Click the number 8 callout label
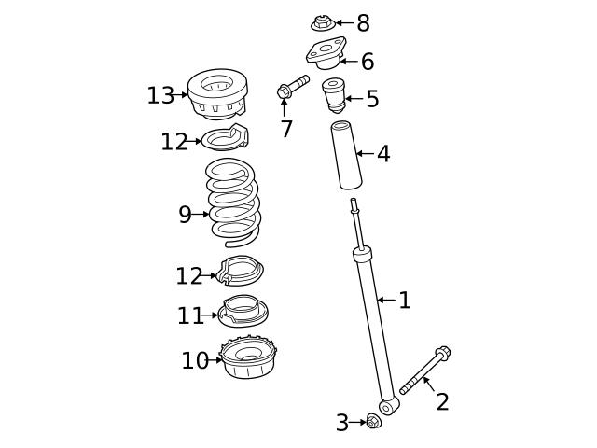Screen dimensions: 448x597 (x=363, y=23)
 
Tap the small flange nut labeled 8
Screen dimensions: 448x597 (x=322, y=22)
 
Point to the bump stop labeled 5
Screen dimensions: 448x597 (x=333, y=96)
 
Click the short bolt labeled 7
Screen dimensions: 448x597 (x=292, y=87)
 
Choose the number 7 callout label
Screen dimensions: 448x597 (x=286, y=130)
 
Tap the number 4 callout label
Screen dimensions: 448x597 (x=383, y=154)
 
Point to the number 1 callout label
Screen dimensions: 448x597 (x=404, y=301)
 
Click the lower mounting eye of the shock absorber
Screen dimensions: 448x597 (x=386, y=408)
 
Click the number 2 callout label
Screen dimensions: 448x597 (x=442, y=402)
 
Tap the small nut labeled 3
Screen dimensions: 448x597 (x=373, y=422)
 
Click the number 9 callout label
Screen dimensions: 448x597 (x=185, y=216)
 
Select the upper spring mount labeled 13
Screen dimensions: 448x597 (x=217, y=94)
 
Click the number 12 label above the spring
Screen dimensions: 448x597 (x=174, y=142)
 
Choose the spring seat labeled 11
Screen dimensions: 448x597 (x=243, y=312)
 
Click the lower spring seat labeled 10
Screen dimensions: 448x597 (x=248, y=358)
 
